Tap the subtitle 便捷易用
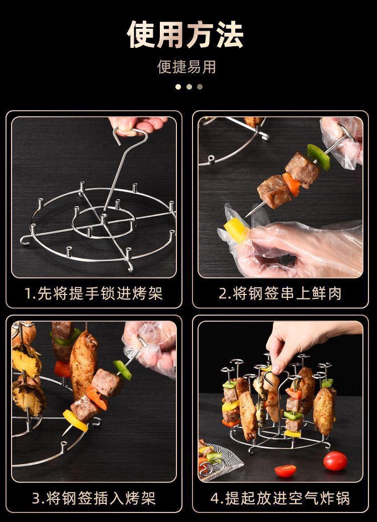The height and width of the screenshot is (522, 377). [x=187, y=66]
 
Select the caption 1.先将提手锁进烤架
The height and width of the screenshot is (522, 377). [x=93, y=293]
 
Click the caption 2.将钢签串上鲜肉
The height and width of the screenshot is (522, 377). [x=280, y=293]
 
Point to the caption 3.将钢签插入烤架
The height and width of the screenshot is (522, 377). [x=93, y=498]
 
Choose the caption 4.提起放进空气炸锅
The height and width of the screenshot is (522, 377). [x=280, y=498]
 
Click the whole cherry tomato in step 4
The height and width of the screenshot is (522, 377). [x=335, y=460]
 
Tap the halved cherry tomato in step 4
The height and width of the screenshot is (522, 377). [x=286, y=471]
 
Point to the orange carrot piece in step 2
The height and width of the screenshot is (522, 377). [x=292, y=183]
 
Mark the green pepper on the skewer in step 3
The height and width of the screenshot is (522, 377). [x=122, y=369]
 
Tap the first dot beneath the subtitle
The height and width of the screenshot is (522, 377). [x=178, y=87]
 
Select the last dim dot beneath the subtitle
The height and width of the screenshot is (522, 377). [x=200, y=87]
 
